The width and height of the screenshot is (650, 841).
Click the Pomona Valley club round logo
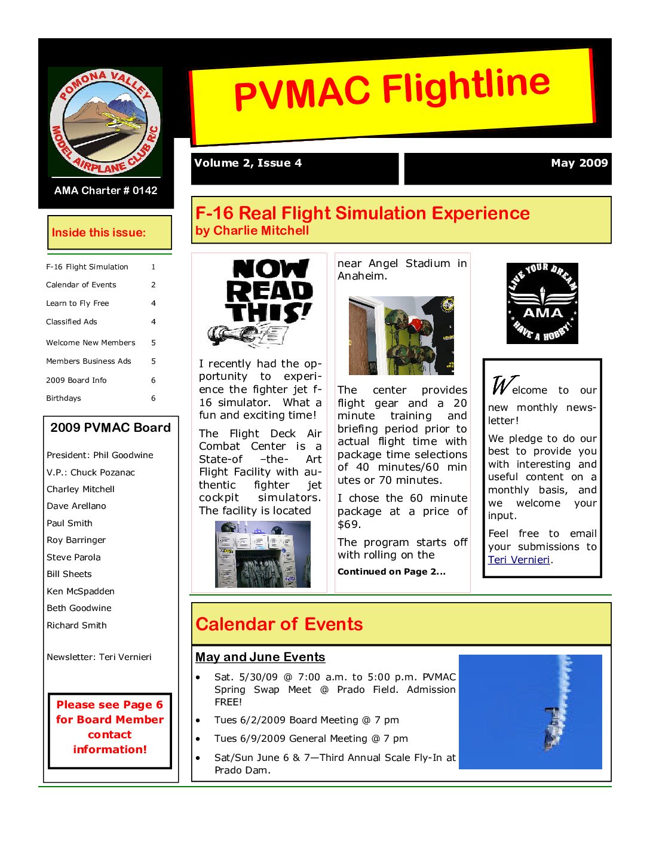pyautogui.click(x=105, y=122)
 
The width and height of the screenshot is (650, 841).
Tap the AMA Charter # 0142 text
pyautogui.click(x=106, y=191)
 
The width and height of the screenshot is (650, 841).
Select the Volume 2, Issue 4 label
pyautogui.click(x=248, y=163)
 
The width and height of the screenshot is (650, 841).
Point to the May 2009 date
pyautogui.click(x=579, y=163)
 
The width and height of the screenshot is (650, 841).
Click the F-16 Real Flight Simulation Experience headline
pyautogui.click(x=363, y=213)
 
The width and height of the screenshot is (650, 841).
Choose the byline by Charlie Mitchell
pyautogui.click(x=252, y=231)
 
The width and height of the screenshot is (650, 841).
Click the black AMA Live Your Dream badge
pyautogui.click(x=542, y=303)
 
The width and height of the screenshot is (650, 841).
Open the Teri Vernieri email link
pyautogui.click(x=519, y=560)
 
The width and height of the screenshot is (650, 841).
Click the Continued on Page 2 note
pyautogui.click(x=391, y=572)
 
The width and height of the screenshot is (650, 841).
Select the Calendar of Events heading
pyautogui.click(x=279, y=624)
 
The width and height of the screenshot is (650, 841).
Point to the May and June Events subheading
pyautogui.click(x=260, y=657)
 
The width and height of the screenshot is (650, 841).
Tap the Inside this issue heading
pyautogui.click(x=99, y=233)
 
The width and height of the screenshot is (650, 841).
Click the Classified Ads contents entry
pyautogui.click(x=72, y=322)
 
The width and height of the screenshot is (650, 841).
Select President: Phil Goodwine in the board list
pyautogui.click(x=100, y=455)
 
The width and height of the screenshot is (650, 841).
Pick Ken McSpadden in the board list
pyautogui.click(x=81, y=591)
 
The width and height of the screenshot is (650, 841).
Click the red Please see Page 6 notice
pyautogui.click(x=110, y=727)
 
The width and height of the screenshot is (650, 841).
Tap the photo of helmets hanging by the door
pyautogui.click(x=401, y=336)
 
